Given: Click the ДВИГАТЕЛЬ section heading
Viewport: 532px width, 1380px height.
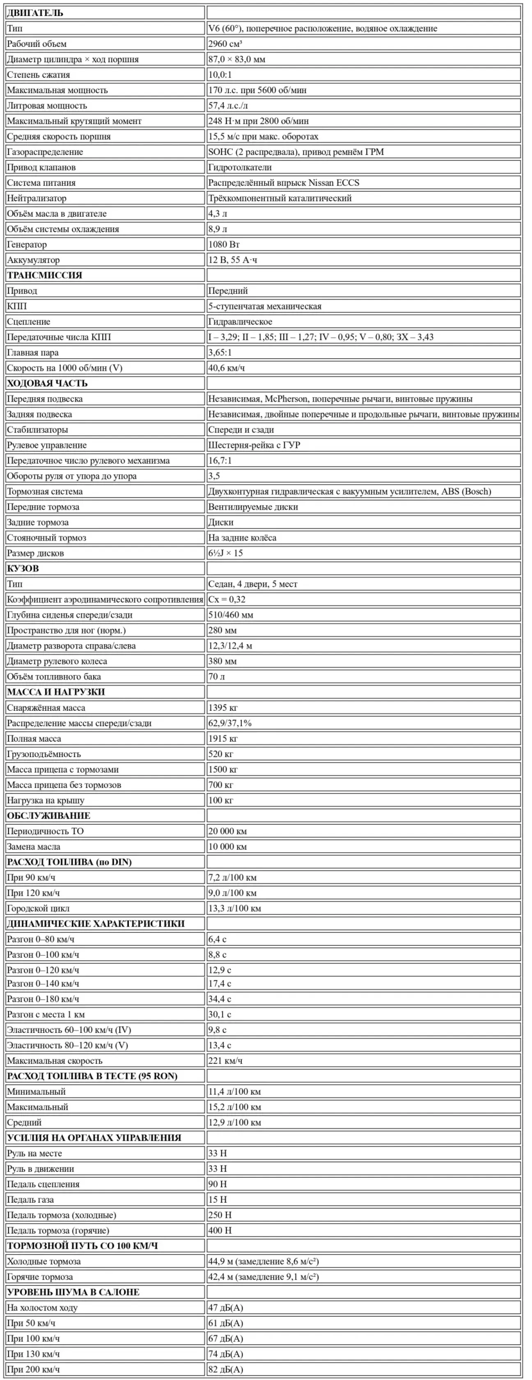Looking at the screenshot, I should [35, 13].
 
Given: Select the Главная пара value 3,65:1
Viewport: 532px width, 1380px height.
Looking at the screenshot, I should [220, 352].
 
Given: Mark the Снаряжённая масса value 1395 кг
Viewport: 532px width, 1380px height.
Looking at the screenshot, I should [223, 708].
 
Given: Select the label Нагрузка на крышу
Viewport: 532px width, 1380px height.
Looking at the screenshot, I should [46, 800].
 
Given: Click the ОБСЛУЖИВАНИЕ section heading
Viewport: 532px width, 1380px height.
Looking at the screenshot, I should [49, 816].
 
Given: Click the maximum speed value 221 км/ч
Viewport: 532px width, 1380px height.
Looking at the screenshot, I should [225, 1061].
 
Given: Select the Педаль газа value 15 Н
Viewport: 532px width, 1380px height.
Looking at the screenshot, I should [218, 1200].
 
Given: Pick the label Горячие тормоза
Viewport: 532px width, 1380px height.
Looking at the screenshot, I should [40, 1277].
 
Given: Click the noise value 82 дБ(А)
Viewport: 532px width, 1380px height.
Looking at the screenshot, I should [225, 1370].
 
